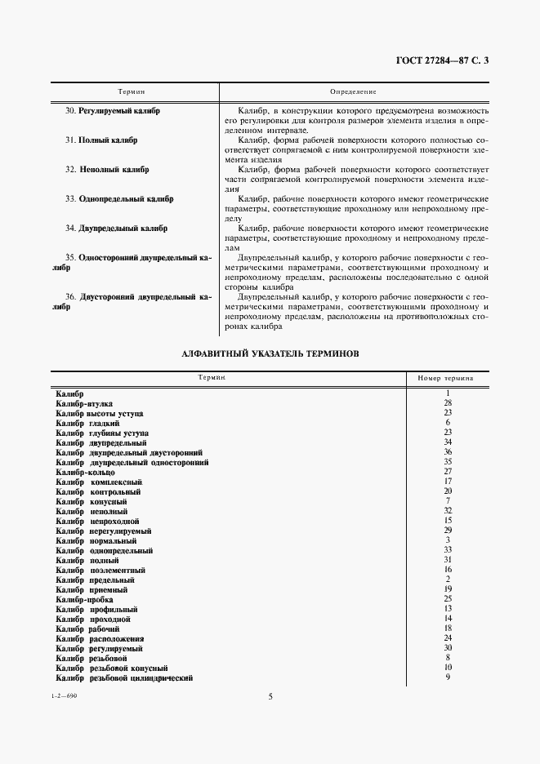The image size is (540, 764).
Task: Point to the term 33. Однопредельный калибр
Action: click(x=119, y=199)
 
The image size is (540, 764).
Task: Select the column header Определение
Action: click(x=353, y=92)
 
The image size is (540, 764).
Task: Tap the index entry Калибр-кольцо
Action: click(x=85, y=473)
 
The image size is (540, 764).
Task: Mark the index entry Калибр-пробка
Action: click(x=84, y=599)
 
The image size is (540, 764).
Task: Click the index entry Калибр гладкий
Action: click(x=87, y=424)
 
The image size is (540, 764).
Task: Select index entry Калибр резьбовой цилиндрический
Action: click(x=124, y=678)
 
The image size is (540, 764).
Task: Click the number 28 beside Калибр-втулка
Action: click(x=448, y=403)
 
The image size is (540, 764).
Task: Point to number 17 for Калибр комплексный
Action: click(x=448, y=482)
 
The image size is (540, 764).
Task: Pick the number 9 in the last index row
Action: click(x=448, y=677)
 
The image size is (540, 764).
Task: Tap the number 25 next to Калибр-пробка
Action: click(x=448, y=598)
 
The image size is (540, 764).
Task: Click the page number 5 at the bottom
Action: click(x=270, y=696)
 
